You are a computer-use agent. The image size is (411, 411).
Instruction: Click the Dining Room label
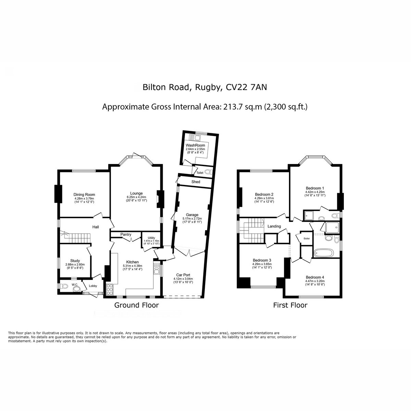pyautogui.click(x=84, y=195)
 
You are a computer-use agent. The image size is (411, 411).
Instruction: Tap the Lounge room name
pyautogui.click(x=136, y=194)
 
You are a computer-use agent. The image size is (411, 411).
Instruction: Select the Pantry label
pyautogui.click(x=126, y=234)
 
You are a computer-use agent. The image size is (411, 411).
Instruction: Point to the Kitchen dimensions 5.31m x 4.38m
pyautogui.click(x=133, y=266)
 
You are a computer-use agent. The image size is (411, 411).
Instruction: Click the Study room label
pyautogui.click(x=75, y=261)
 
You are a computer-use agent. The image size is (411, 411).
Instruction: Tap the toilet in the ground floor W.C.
pyautogui.click(x=64, y=286)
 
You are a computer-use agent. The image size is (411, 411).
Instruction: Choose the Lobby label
pyautogui.click(x=93, y=286)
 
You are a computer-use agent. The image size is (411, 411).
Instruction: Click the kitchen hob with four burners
pyautogui.click(x=110, y=289)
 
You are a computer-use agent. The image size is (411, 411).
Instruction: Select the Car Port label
pyautogui.click(x=183, y=275)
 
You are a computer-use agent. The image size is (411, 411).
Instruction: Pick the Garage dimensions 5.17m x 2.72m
pyautogui.click(x=192, y=219)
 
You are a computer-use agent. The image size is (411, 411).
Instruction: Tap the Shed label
pyautogui.click(x=196, y=182)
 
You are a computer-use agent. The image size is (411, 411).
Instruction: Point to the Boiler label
pyautogui.click(x=307, y=238)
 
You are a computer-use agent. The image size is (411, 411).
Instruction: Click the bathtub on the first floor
pyautogui.click(x=324, y=253)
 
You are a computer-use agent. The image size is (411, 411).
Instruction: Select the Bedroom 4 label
pyautogui.click(x=315, y=277)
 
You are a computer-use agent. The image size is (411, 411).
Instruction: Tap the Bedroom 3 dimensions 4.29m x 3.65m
pyautogui.click(x=262, y=264)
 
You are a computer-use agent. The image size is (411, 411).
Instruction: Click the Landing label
pyautogui.click(x=274, y=226)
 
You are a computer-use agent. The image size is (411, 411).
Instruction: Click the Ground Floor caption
pyautogui.click(x=137, y=305)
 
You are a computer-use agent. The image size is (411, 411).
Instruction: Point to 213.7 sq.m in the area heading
pyautogui.click(x=242, y=107)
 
